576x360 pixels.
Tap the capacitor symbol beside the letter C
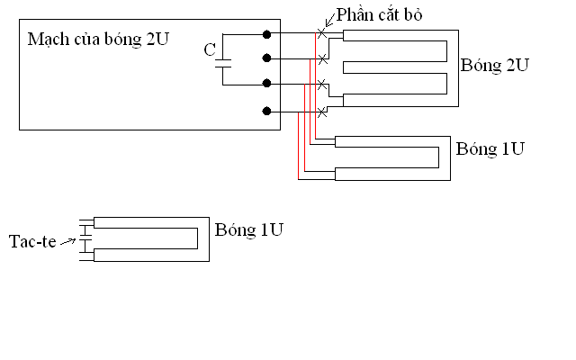[223, 61]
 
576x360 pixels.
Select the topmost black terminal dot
[266, 34]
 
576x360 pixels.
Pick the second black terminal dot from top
[266, 59]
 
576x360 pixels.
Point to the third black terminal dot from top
[266, 85]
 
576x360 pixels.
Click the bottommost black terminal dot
[266, 111]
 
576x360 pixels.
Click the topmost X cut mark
[322, 34]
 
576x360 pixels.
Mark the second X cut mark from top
[322, 59]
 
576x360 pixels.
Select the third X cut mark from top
[322, 85]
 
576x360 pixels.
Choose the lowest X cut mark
[322, 111]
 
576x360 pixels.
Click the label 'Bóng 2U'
[494, 67]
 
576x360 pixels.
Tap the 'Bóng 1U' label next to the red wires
[490, 148]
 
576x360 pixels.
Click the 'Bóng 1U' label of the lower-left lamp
[250, 229]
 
